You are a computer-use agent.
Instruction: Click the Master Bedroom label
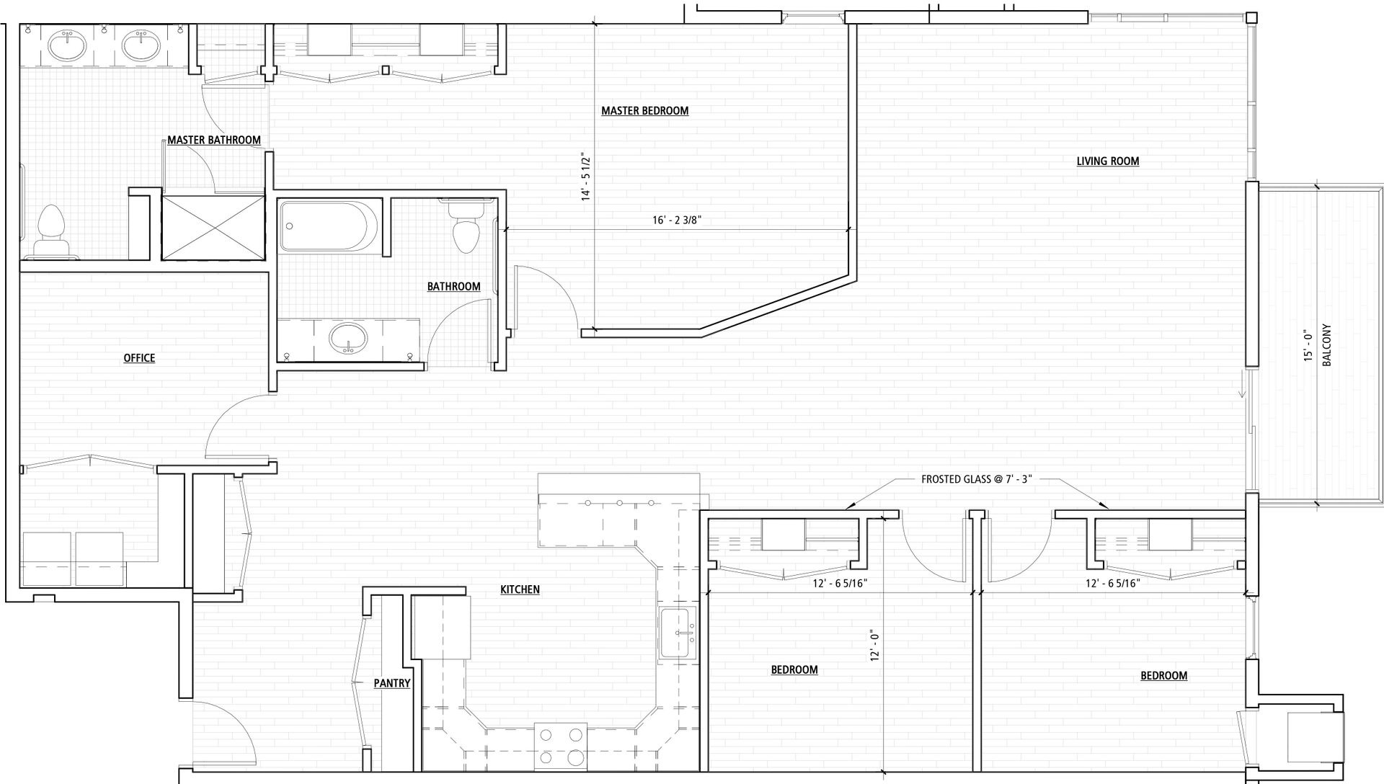coord(644,111)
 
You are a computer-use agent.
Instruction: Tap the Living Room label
coord(1108,161)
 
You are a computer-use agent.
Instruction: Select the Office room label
coord(139,358)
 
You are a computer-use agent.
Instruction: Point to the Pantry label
coord(392,683)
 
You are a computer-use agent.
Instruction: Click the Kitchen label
coord(520,589)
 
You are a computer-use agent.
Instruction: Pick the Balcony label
coord(1327,344)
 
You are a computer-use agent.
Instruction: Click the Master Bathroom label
coord(214,140)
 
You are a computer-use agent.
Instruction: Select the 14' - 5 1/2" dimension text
coord(587,178)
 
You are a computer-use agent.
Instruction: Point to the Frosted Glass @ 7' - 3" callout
coord(977,479)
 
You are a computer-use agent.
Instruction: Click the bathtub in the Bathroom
coord(329,226)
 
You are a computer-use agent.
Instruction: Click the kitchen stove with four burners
coord(561,746)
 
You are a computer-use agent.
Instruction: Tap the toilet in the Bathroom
coord(466,225)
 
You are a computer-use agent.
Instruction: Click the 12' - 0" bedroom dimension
coord(875,646)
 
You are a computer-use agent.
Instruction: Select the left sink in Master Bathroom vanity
coord(67,47)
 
